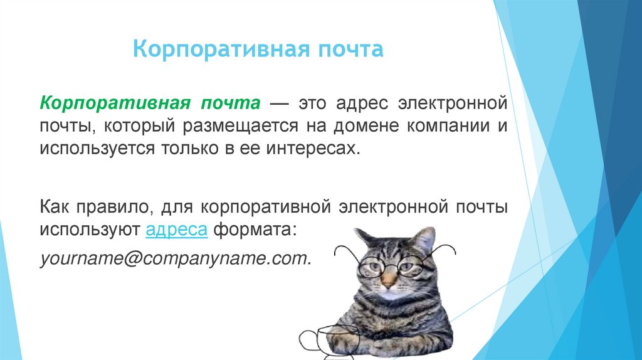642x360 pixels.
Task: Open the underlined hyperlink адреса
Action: (x=176, y=230)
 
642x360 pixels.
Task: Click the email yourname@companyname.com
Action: (x=176, y=258)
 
